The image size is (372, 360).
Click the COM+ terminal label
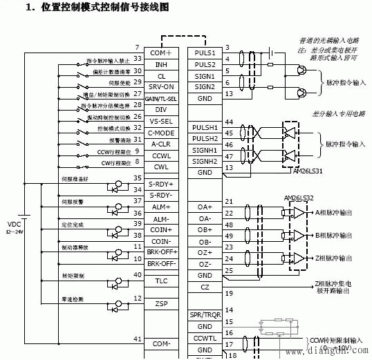[x=160, y=53]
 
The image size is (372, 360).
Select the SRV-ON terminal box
[x=160, y=86]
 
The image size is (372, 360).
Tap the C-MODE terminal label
[x=160, y=132]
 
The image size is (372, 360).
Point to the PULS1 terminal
[x=204, y=53]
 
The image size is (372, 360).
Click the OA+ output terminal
[x=204, y=207]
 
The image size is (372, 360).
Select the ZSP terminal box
[x=160, y=303]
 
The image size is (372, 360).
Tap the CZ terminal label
[x=204, y=286]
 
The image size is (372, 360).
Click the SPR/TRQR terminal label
[x=204, y=315]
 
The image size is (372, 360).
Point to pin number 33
[x=138, y=58]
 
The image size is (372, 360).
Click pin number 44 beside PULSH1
[x=229, y=122]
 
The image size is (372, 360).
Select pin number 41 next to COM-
[x=138, y=339]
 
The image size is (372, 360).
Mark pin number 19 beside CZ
[x=229, y=293]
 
